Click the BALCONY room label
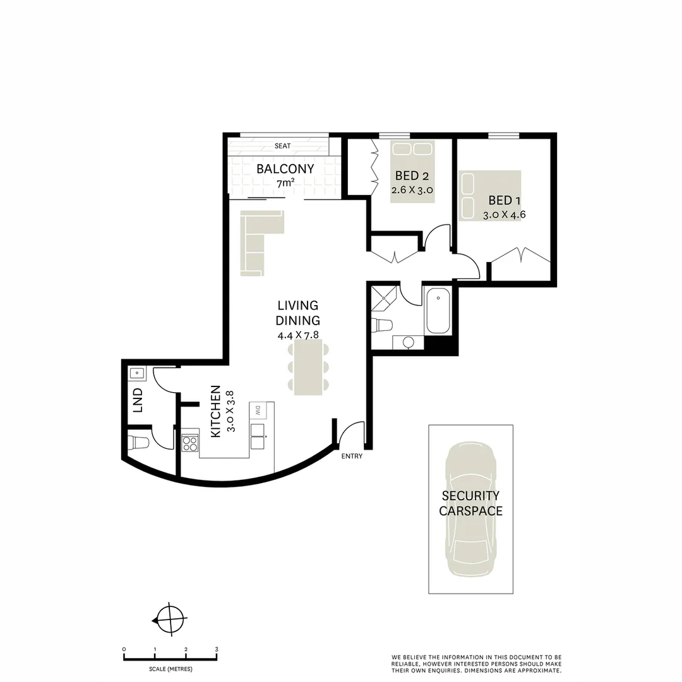pos(285,169)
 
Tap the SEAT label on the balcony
pos(282,146)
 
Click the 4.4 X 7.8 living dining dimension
pos(299,335)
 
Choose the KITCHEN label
pos(216,411)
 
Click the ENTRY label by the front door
pos(352,456)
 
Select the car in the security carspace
pos(470,509)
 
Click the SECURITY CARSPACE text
pos(470,503)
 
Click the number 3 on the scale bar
pos(217,649)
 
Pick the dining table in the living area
pos(308,367)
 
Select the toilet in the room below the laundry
pos(139,441)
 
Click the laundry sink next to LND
pos(137,373)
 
